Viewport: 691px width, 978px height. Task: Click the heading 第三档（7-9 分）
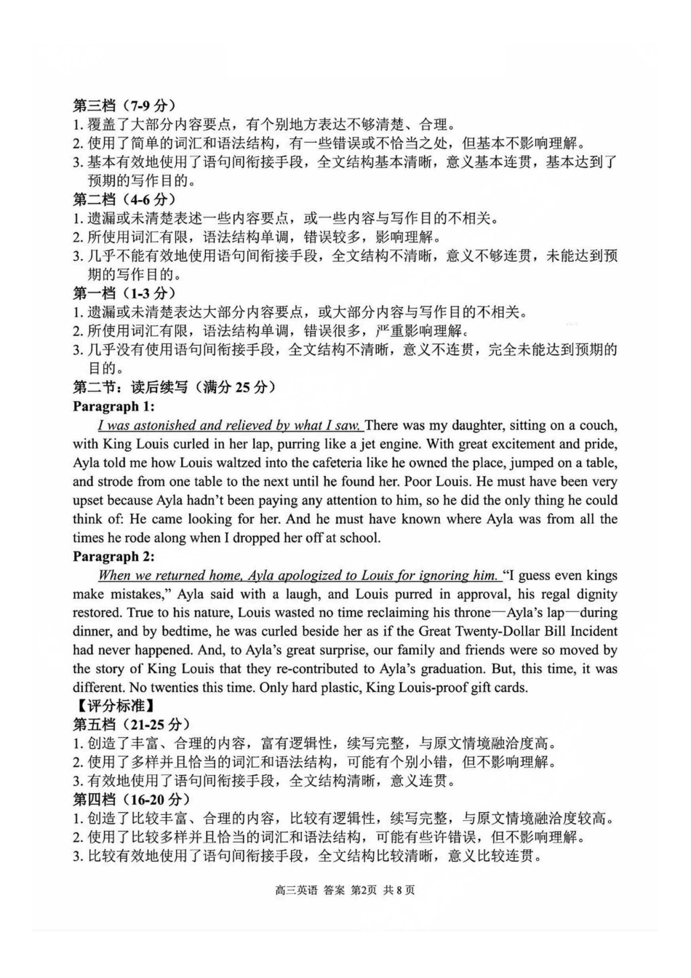coord(124,106)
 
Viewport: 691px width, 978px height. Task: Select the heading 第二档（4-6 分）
coord(124,199)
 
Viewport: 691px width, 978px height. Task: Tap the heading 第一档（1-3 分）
coord(124,293)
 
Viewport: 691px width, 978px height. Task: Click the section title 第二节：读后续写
coord(175,387)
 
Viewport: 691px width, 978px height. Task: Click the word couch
coord(597,426)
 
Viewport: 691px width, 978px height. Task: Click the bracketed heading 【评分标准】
coord(113,706)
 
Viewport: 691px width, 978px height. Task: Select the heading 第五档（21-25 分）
coord(132,725)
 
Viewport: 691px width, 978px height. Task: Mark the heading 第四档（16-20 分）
coord(132,800)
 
